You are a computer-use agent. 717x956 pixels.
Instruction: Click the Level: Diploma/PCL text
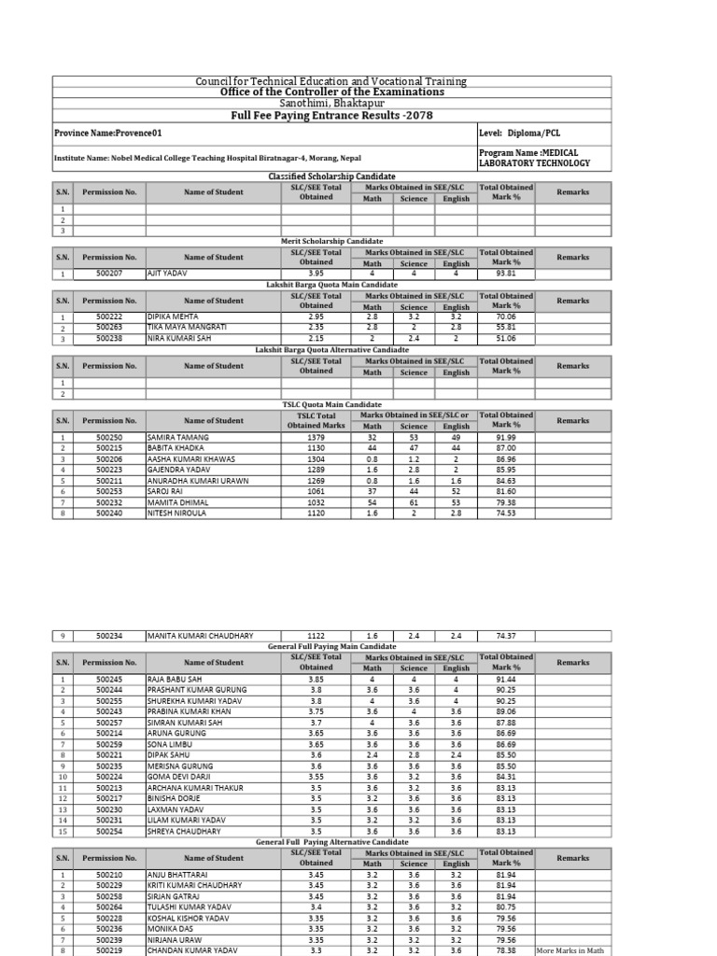click(x=517, y=134)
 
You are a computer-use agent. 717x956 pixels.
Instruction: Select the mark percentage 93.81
click(x=506, y=274)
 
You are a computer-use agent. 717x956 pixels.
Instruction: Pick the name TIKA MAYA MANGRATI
click(x=187, y=328)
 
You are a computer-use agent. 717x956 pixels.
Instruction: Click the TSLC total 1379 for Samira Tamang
click(x=316, y=437)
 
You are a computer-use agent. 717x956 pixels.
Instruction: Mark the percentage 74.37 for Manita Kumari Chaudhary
click(x=506, y=636)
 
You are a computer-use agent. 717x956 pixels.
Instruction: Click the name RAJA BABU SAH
click(x=175, y=680)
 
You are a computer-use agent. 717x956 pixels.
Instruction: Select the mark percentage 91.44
click(x=506, y=680)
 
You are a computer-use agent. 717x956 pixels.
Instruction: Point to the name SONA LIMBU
click(x=169, y=744)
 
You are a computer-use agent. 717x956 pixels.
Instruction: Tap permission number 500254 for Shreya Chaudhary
click(x=109, y=831)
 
